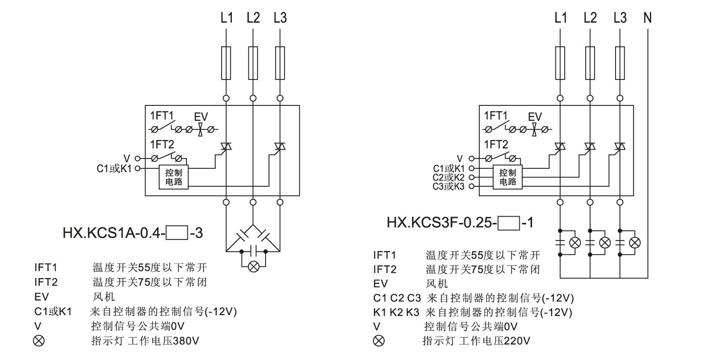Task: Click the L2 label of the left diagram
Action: (x=253, y=19)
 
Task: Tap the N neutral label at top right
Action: (x=648, y=19)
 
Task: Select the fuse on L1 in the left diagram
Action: (x=226, y=63)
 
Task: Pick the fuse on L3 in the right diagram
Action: (x=620, y=63)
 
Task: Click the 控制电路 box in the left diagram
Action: (x=174, y=177)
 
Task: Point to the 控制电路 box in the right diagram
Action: (x=508, y=177)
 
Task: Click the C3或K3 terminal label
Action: (x=448, y=186)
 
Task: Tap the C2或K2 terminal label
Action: (x=448, y=178)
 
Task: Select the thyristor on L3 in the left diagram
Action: (x=280, y=146)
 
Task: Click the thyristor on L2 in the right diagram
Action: (x=590, y=146)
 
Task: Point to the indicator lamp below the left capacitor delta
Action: (x=254, y=266)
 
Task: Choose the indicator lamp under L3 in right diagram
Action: (x=635, y=242)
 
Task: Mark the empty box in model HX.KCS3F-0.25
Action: (x=509, y=224)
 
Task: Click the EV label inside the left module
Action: (x=201, y=117)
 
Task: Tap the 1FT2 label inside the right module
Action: (x=495, y=144)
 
